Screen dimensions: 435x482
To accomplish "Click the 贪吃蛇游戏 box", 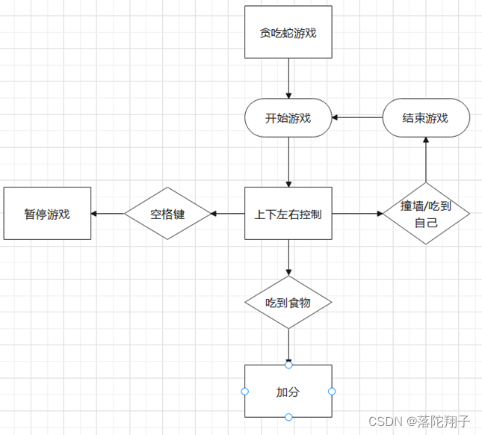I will tap(288, 32).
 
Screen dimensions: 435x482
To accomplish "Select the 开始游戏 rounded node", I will tap(288, 118).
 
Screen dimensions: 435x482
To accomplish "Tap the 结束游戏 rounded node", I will tap(426, 118).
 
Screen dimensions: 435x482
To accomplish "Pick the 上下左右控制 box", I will tap(288, 214).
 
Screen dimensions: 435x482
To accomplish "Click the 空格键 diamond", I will tap(167, 214).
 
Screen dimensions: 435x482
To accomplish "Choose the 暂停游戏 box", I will tap(47, 214).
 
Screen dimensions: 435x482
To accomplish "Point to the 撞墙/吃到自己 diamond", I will tap(426, 214).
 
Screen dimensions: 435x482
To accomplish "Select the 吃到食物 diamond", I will tap(288, 303).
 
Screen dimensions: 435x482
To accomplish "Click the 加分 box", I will tap(288, 392).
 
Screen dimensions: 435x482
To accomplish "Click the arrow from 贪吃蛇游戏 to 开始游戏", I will tap(288, 78).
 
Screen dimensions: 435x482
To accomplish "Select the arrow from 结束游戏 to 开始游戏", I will tap(357, 118).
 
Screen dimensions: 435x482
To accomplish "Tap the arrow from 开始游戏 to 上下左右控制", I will tap(288, 161).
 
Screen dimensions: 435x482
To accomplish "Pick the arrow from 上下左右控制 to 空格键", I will tap(228, 214).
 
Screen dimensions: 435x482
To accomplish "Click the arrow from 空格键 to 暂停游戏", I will tap(108, 214).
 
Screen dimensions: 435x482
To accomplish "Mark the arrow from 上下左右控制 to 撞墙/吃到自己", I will tap(357, 214).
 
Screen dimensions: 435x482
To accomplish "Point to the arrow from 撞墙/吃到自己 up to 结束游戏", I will tap(426, 160).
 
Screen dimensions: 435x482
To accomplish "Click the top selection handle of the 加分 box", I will tap(288, 365).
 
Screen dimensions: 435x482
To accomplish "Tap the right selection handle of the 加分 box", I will tap(332, 392).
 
